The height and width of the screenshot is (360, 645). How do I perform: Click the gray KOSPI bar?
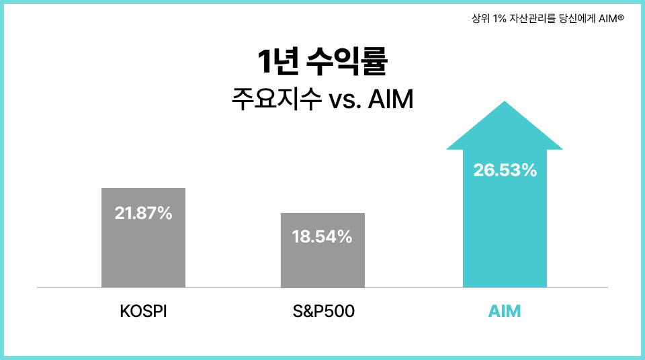[x=143, y=238]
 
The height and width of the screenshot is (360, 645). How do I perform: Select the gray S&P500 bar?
[x=322, y=250]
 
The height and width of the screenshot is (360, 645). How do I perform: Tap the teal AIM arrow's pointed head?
[x=505, y=126]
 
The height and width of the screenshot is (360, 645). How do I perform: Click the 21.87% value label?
[x=143, y=213]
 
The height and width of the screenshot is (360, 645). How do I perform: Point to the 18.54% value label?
[x=322, y=236]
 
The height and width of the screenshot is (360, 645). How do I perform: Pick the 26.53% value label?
[x=505, y=171]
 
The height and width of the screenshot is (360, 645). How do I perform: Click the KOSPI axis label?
[x=143, y=311]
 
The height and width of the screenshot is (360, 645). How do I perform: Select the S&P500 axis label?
[x=323, y=311]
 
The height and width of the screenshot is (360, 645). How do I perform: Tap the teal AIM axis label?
[x=505, y=311]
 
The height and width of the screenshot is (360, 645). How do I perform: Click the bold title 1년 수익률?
[x=322, y=62]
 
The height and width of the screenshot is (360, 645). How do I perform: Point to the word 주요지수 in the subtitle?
[x=276, y=99]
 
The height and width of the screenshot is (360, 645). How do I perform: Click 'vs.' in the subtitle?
[x=345, y=100]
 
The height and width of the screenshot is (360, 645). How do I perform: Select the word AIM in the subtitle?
[x=390, y=99]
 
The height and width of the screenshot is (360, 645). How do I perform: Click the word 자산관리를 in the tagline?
[x=532, y=19]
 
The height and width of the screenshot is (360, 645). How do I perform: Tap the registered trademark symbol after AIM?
[x=621, y=17]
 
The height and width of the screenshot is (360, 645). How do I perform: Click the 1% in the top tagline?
[x=499, y=19]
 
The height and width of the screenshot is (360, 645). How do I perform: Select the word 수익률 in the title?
[x=347, y=62]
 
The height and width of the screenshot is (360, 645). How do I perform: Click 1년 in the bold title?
[x=278, y=62]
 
